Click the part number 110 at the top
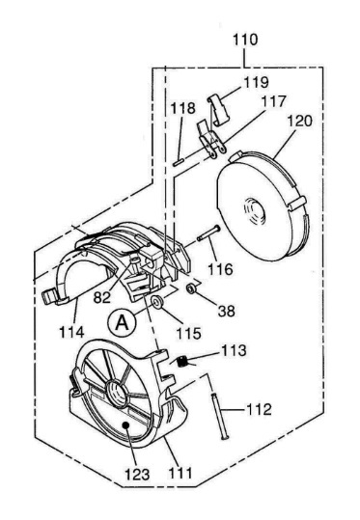[245, 40]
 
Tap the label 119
[256, 82]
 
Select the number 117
[273, 101]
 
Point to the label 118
[183, 108]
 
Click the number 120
[299, 121]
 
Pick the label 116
[220, 269]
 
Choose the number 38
[227, 311]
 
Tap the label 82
[102, 297]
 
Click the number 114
[71, 332]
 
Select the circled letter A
[122, 322]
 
